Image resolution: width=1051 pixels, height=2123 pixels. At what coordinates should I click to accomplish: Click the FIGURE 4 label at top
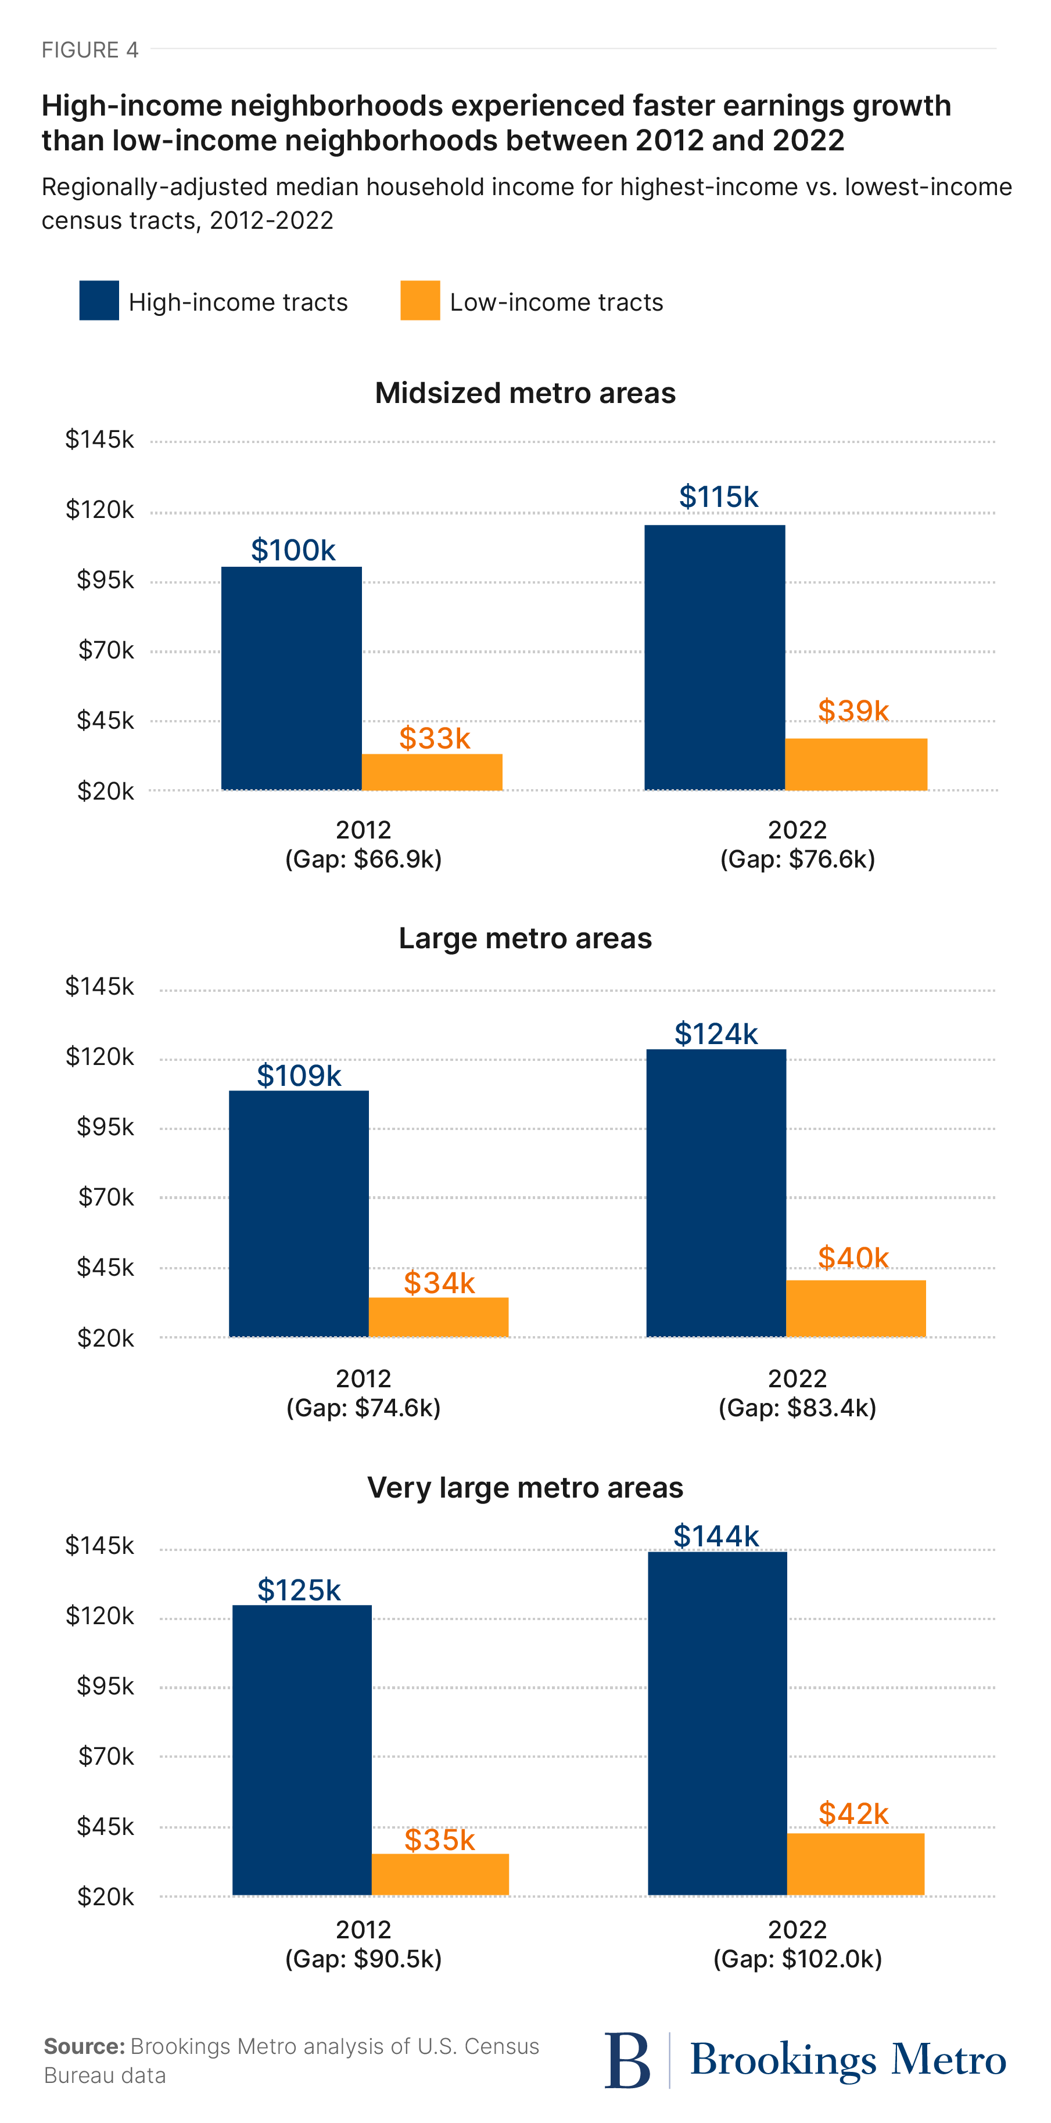[x=90, y=51]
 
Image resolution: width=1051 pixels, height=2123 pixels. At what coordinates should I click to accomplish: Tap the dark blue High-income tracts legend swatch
[x=99, y=301]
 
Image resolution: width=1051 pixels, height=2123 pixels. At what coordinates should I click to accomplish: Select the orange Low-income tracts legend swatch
[x=419, y=301]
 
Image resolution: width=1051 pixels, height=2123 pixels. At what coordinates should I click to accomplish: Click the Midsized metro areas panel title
[x=525, y=393]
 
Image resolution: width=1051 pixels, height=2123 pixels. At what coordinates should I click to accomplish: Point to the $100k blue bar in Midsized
[x=291, y=678]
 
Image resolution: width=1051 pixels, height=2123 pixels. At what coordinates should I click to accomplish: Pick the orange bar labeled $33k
[x=432, y=772]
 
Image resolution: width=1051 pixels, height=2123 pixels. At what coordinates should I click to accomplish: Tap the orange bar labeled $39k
[x=856, y=764]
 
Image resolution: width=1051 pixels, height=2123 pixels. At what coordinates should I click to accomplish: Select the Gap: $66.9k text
[x=364, y=859]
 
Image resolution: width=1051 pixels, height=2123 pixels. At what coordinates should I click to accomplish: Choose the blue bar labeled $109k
[x=299, y=1213]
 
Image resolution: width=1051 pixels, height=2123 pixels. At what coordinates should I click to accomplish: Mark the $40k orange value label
[x=853, y=1258]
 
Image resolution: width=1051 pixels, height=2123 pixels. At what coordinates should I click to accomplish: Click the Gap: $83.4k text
[x=797, y=1408]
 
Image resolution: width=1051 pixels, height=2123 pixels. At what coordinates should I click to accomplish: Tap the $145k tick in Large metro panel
[x=100, y=987]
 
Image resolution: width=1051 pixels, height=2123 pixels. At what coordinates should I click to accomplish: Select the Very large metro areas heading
[x=525, y=1488]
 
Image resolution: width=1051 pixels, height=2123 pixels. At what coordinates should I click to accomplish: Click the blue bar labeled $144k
[x=717, y=1722]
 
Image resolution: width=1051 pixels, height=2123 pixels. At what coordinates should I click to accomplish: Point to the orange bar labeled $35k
[x=440, y=1874]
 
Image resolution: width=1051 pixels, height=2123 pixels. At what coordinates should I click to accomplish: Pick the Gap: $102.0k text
[x=797, y=1959]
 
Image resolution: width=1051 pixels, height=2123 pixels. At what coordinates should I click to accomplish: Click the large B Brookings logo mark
[x=627, y=2060]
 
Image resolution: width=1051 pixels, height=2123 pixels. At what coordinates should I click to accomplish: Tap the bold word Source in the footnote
[x=83, y=2046]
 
